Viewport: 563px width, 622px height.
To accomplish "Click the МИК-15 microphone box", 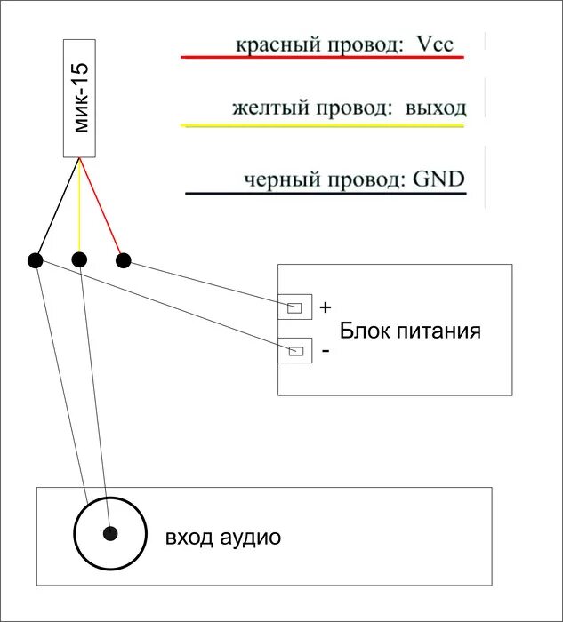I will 81,98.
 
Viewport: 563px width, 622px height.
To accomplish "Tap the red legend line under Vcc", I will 322,58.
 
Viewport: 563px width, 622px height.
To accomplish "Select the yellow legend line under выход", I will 322,126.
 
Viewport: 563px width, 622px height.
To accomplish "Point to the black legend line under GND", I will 325,193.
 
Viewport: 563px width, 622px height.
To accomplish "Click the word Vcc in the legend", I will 435,44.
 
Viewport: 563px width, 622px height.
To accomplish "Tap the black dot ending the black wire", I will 35,260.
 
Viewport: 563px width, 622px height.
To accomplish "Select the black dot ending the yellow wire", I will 79,260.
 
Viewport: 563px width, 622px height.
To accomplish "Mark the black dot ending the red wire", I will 124,260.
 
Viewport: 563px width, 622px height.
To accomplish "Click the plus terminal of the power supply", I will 294,308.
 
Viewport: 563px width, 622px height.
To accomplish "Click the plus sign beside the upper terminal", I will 325,307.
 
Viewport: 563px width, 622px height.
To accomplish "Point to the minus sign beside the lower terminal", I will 325,352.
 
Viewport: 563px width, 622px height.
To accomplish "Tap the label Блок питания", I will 411,331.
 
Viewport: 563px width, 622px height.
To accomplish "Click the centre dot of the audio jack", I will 109,534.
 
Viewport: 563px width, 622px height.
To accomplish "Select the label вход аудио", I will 222,538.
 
